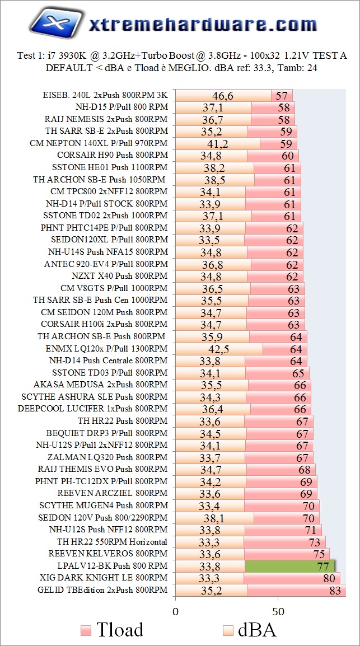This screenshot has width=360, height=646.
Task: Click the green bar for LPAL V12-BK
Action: pyautogui.click(x=289, y=566)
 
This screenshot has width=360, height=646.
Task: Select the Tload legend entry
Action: pyautogui.click(x=111, y=629)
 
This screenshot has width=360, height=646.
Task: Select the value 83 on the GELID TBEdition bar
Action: pyautogui.click(x=336, y=590)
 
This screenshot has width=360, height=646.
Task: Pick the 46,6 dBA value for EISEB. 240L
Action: pyautogui.click(x=223, y=95)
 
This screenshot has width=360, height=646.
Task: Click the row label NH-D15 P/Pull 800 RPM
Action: pyautogui.click(x=121, y=106)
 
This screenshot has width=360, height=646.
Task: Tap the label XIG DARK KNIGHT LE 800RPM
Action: pyautogui.click(x=104, y=578)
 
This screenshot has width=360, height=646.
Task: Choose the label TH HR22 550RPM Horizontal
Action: pyautogui.click(x=112, y=541)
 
